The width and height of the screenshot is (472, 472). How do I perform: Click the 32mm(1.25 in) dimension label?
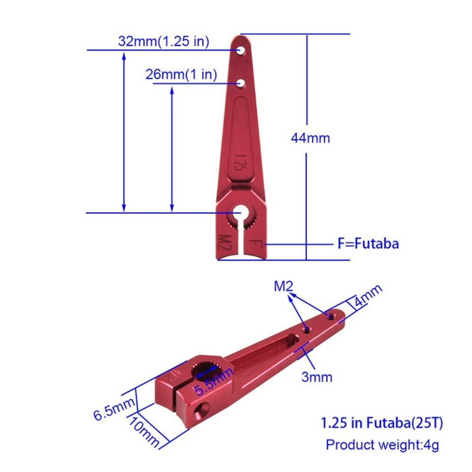pyautogui.click(x=163, y=42)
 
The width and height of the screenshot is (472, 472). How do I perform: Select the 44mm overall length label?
pyautogui.click(x=310, y=138)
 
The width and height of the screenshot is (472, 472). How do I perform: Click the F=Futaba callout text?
pyautogui.click(x=368, y=244)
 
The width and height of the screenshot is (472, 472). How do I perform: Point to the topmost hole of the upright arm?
pyautogui.click(x=241, y=50)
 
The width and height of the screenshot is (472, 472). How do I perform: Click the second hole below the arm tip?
pyautogui.click(x=241, y=83)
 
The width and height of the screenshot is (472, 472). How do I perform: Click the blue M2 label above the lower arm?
pyautogui.click(x=285, y=286)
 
